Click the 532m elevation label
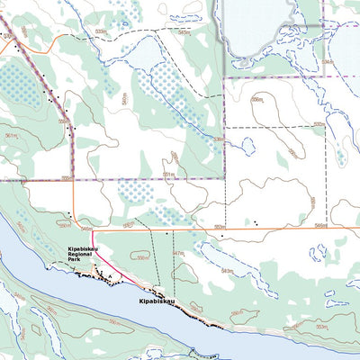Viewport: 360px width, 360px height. pos(318,125)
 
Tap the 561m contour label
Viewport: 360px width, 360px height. pos(11,136)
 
